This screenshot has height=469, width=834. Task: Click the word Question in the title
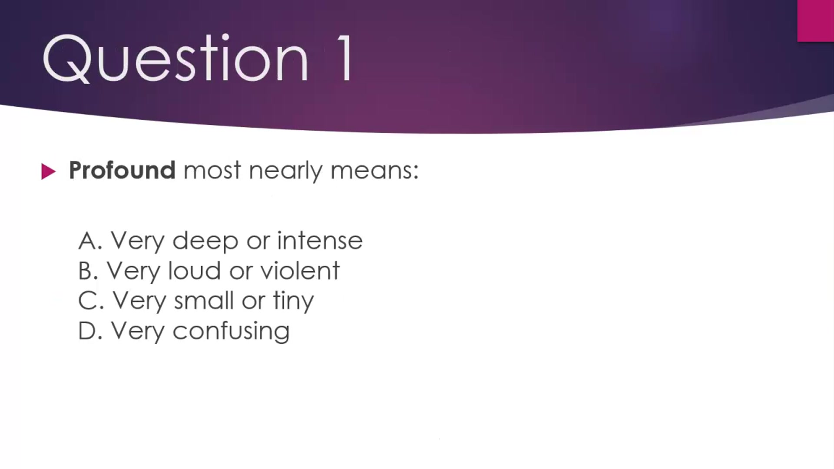(x=175, y=59)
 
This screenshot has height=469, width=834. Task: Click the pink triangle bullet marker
(x=48, y=172)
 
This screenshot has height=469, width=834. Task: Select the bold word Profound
(x=122, y=170)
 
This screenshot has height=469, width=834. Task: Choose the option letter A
(x=89, y=241)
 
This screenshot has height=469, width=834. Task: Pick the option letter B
(x=87, y=271)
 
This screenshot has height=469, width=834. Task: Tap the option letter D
(x=89, y=331)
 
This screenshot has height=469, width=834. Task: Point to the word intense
(x=320, y=241)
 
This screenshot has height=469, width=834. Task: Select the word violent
(x=300, y=271)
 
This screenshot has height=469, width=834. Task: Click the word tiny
(x=293, y=301)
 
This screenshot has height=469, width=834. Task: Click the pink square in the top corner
(x=815, y=20)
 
